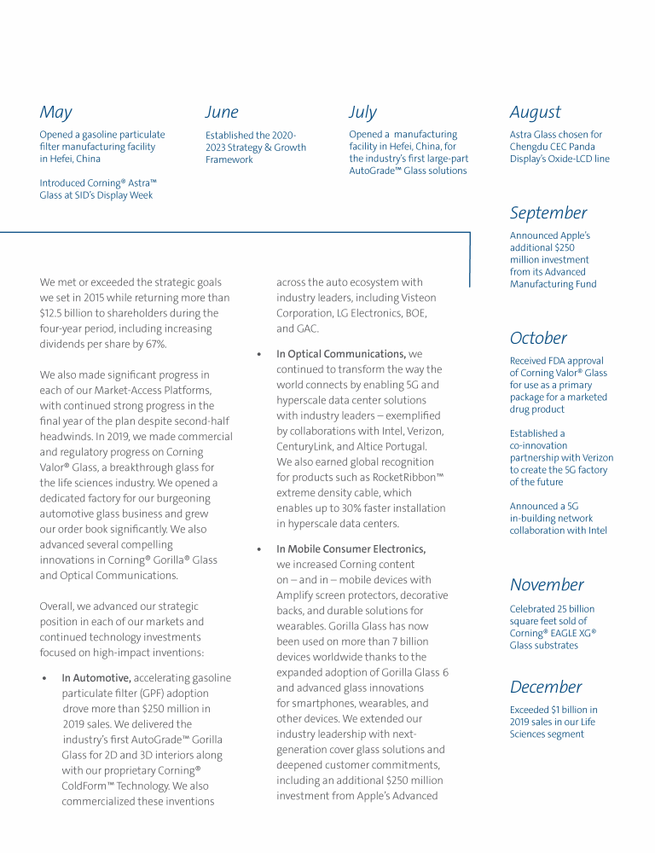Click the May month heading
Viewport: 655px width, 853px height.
(56, 113)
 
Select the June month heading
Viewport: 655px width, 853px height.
(222, 113)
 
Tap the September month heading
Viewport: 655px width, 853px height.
(548, 213)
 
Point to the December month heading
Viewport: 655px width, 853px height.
(546, 688)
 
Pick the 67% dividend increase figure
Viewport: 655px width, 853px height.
(157, 344)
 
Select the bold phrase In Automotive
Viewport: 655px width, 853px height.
(96, 678)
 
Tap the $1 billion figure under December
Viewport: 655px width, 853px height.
(564, 710)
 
